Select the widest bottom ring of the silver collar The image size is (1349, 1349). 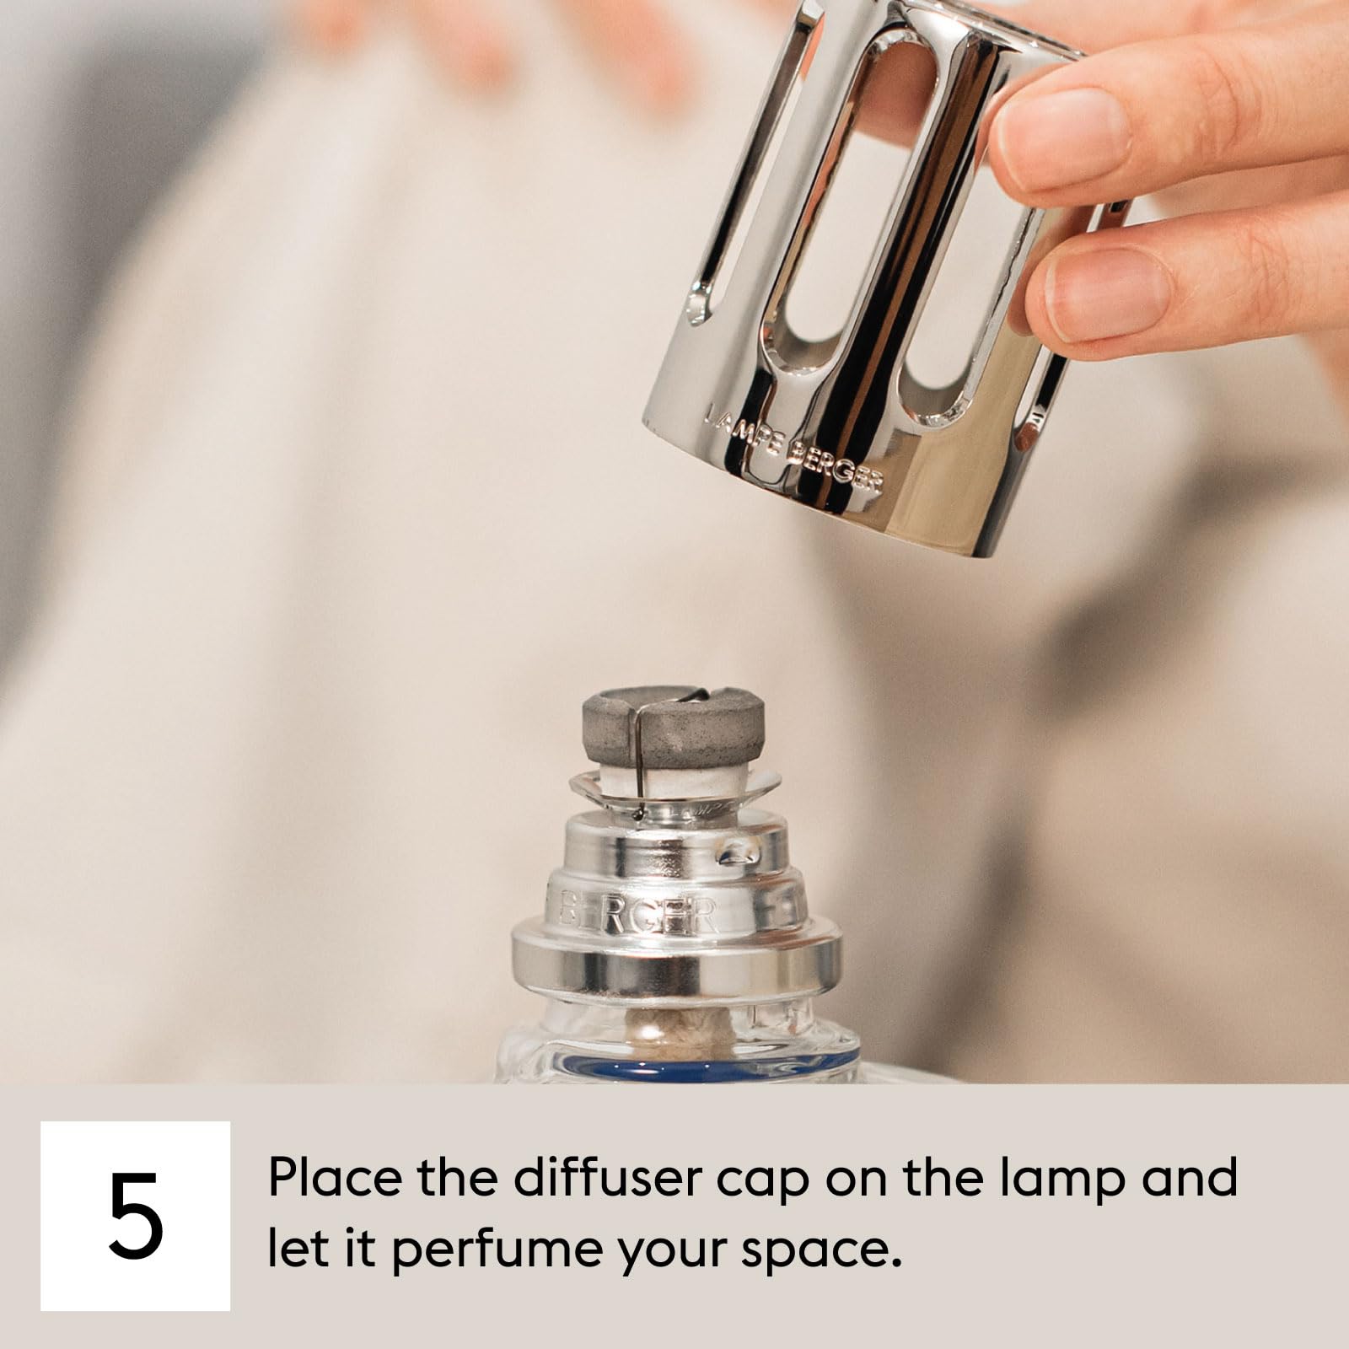click(x=674, y=961)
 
